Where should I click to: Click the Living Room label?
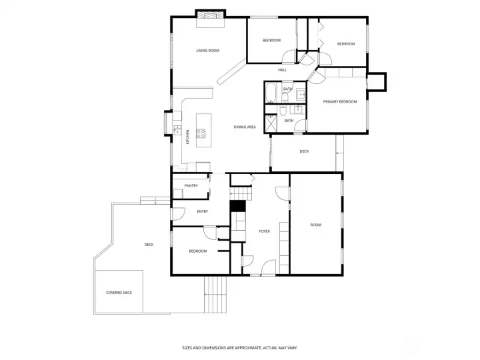pos(207,51)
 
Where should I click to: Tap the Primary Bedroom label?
pos(340,101)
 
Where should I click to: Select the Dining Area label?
pos(245,127)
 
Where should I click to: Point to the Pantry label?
pos(191,185)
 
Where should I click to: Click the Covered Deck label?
pos(119,293)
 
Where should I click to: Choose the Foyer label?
pos(264,231)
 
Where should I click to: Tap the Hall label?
pos(282,70)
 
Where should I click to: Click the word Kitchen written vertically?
pos(187,137)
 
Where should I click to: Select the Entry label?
pos(203,211)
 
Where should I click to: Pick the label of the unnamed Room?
pos(316,225)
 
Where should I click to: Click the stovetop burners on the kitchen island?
pos(201,133)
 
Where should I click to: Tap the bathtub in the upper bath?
pos(271,93)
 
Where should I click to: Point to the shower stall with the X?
pos(271,124)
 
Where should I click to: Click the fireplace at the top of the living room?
pos(211,15)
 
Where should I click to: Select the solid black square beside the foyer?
pos(238,206)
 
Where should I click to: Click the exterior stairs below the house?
pos(215,294)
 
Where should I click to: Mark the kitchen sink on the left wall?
pos(177,129)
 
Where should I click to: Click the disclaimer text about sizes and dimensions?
pos(240,348)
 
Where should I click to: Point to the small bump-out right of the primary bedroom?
pos(377,82)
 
